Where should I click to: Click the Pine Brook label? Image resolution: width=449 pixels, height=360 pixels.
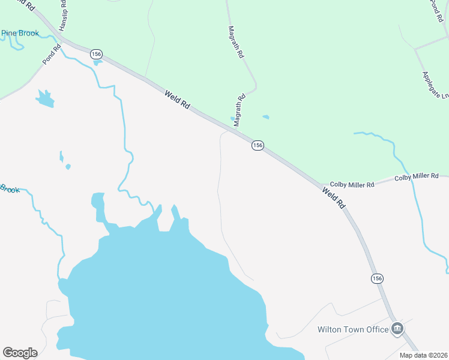[x=20, y=34]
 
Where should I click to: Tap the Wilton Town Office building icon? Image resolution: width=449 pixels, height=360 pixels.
[x=397, y=328]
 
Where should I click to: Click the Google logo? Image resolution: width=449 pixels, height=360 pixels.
[x=20, y=353]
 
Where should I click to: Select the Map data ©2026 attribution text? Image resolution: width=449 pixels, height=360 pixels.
[x=423, y=355]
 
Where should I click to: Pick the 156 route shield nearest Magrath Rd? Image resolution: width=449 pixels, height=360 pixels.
[x=258, y=146]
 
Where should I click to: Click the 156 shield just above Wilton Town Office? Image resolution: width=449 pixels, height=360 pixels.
[x=376, y=278]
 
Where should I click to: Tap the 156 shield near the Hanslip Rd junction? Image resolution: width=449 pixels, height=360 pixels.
[x=96, y=55]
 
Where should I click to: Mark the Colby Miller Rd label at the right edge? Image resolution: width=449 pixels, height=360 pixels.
[x=417, y=176]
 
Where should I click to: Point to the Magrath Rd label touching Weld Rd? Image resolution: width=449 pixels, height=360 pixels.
[x=240, y=110]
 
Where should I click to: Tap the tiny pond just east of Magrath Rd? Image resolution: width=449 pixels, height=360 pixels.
[x=265, y=117]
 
